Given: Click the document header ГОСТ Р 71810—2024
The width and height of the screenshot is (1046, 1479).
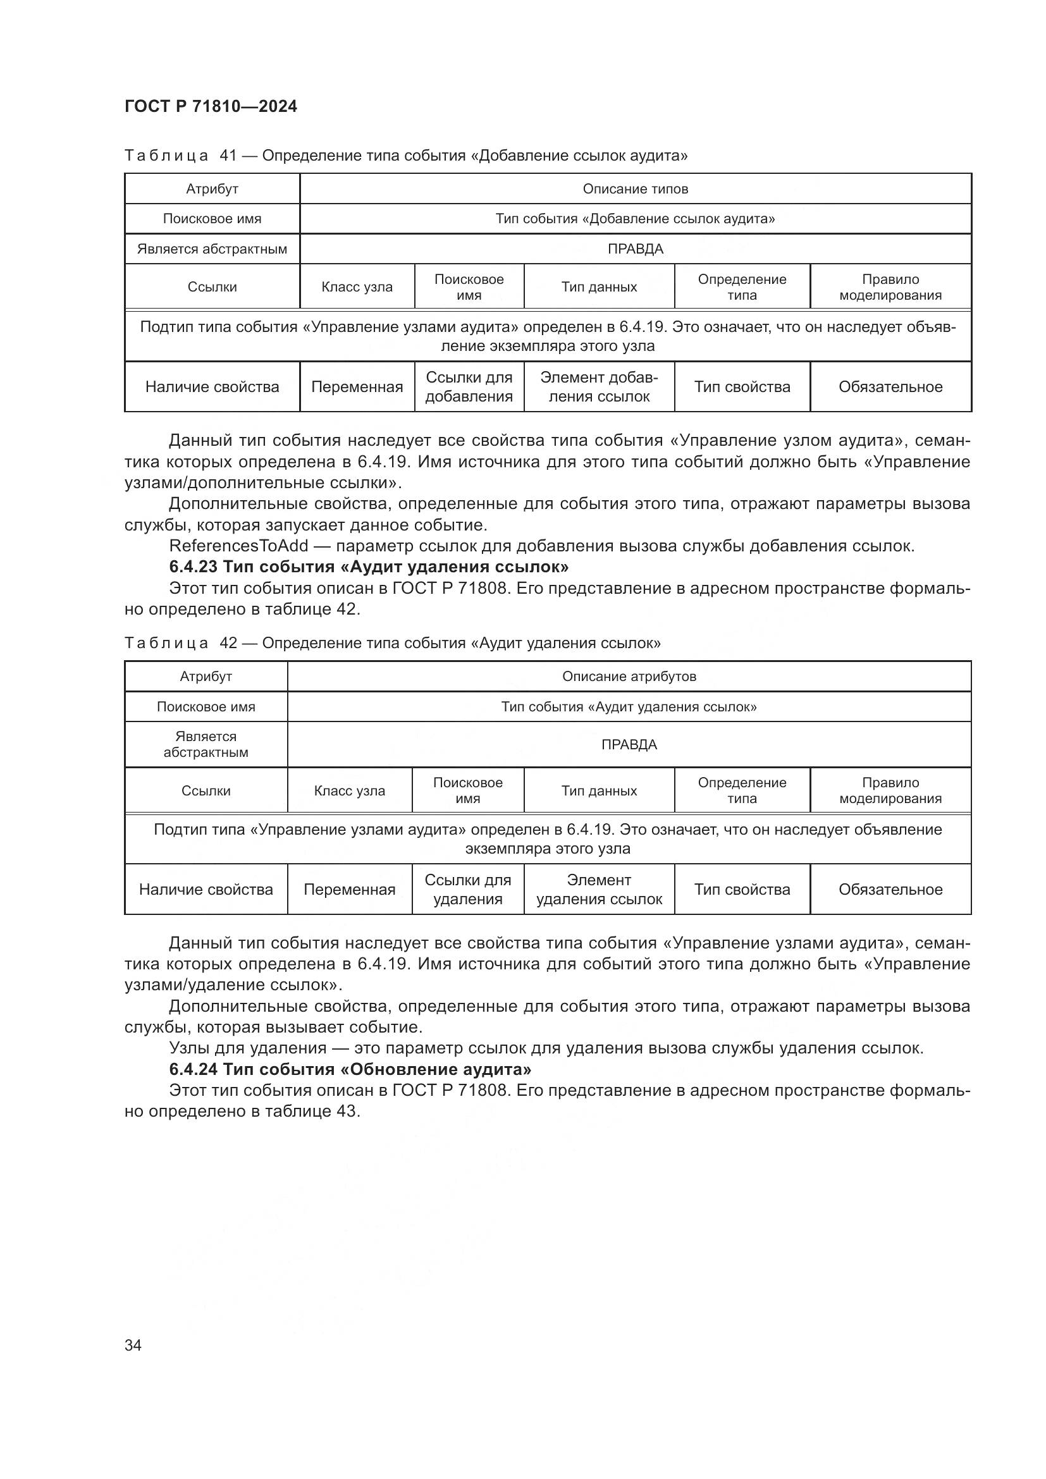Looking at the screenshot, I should (211, 107).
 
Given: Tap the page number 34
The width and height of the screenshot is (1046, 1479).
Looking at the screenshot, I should (133, 1345).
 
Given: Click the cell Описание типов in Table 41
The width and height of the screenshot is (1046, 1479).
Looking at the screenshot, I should (635, 188).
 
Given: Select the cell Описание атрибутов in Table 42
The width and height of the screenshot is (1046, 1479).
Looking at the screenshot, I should (629, 677).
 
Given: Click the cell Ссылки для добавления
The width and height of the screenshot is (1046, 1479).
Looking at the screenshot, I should (469, 386).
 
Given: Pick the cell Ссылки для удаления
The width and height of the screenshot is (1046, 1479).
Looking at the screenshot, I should (467, 889).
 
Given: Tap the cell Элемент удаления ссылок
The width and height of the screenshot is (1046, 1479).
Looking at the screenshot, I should (599, 889).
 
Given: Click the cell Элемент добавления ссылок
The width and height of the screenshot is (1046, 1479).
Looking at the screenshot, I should (599, 386).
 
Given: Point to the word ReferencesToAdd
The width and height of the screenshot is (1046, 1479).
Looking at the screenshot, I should (239, 546).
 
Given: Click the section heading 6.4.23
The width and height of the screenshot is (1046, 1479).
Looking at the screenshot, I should (369, 567).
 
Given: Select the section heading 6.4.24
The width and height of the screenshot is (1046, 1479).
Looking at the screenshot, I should (350, 1069).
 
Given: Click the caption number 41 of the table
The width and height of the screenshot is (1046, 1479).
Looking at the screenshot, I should (229, 156).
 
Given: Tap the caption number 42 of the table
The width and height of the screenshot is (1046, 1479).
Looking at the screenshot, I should (229, 643).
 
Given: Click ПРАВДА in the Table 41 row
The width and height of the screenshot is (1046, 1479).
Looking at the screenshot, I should (635, 249).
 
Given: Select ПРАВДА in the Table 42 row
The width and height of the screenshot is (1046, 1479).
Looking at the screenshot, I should (629, 745).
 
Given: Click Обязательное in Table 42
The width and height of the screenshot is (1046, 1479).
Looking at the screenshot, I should (890, 889).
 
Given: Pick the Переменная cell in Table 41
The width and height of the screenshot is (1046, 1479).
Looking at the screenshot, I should (357, 386).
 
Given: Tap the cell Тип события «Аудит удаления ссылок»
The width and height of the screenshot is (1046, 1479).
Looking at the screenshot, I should (629, 707).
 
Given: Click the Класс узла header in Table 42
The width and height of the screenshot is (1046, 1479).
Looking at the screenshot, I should (349, 790).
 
